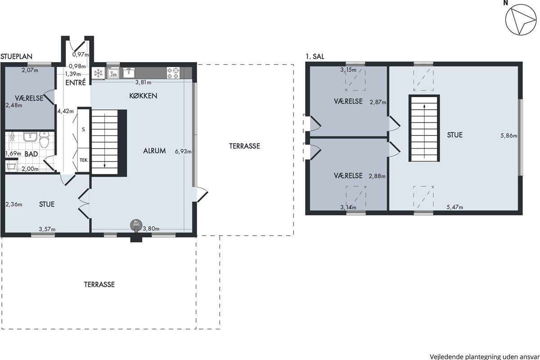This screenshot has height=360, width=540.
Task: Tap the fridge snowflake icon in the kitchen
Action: tap(99, 73)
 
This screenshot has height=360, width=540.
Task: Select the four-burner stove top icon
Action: tap(173, 73)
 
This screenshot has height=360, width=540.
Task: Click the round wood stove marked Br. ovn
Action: tap(136, 225)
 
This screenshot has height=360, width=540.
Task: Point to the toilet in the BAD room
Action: tap(44, 139)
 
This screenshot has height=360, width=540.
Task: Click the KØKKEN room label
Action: tap(143, 96)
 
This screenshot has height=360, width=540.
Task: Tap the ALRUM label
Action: tap(154, 151)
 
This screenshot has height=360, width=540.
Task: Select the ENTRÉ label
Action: tap(76, 83)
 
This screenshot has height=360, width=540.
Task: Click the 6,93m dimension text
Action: tap(183, 152)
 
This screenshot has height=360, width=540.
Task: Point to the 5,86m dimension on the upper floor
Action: tap(508, 136)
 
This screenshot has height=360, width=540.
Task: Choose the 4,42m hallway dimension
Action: tap(66, 111)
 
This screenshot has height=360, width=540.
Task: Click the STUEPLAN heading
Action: tap(16, 56)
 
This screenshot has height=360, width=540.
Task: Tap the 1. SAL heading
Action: tap(315, 57)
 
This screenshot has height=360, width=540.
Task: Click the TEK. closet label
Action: tap(84, 160)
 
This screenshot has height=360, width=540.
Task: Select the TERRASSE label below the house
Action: tap(99, 284)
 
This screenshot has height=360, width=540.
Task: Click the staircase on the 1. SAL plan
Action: tap(424, 128)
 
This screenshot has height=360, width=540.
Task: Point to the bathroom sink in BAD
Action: tap(30, 136)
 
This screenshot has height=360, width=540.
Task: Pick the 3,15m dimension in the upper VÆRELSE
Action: tap(348, 70)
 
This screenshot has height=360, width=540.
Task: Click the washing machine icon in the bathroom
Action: tap(11, 166)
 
